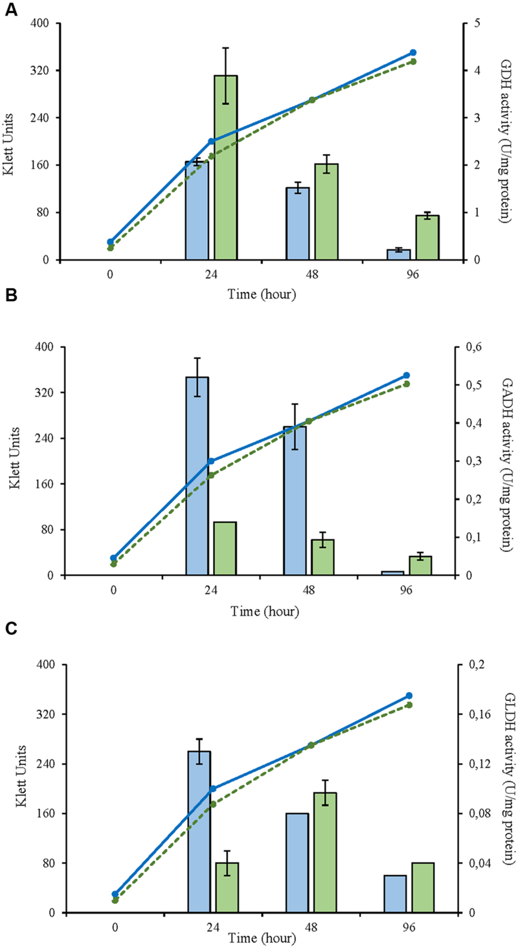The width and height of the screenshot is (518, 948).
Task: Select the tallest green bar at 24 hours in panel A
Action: click(225, 168)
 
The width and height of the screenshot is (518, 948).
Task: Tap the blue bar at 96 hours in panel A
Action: click(399, 255)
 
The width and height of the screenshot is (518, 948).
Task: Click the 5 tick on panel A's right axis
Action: click(477, 24)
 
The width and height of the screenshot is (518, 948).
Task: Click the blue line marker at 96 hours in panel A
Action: click(413, 52)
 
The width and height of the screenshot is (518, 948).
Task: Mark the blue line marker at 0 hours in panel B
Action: click(113, 558)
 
